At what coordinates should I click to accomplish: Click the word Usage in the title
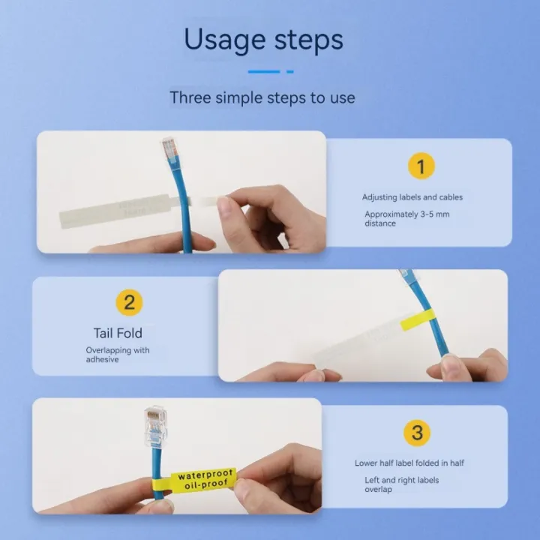click(225, 40)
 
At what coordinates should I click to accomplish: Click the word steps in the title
click(309, 40)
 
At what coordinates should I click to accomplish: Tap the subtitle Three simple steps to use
click(262, 97)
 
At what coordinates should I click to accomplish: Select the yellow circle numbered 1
click(421, 166)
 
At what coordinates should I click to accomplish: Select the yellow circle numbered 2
click(129, 302)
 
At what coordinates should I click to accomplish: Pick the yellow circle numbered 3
click(417, 433)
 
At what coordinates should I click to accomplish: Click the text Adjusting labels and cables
click(412, 197)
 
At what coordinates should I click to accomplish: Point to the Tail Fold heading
click(118, 333)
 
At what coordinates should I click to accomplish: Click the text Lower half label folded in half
click(409, 463)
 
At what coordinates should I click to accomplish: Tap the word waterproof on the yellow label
click(205, 475)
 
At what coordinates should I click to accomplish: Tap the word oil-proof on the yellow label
click(206, 484)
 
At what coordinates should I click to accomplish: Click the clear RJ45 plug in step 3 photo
click(156, 427)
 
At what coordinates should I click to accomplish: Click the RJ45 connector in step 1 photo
click(170, 148)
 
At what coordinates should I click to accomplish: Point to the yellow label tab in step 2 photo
click(417, 320)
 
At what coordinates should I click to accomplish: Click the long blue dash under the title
click(264, 72)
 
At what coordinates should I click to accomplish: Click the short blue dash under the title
click(290, 72)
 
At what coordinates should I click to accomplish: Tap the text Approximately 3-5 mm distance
click(407, 219)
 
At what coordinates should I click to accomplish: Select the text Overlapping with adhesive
click(118, 355)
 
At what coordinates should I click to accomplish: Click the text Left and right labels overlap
click(401, 484)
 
